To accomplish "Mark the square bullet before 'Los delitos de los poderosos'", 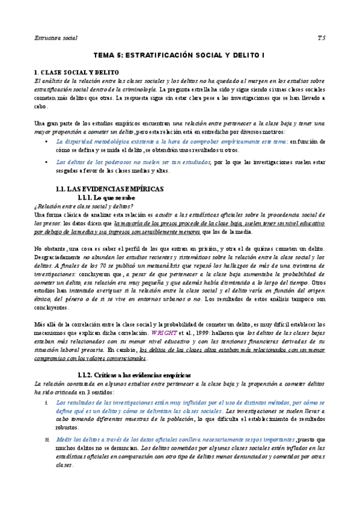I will click(47, 162).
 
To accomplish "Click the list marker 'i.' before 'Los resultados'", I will click(46, 402).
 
